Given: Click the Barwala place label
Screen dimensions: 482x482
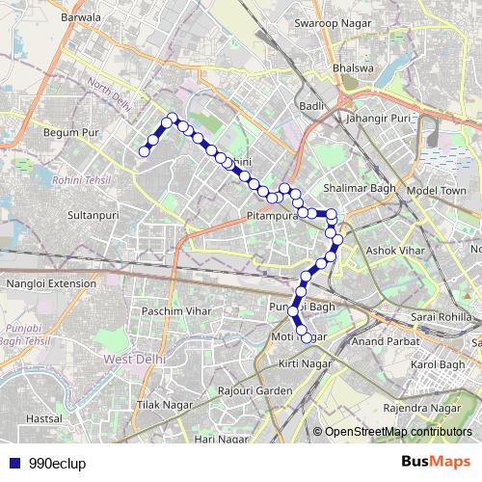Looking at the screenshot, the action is (80, 17).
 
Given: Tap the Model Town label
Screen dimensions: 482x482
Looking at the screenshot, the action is (437, 191).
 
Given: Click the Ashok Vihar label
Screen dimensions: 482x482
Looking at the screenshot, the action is (393, 251).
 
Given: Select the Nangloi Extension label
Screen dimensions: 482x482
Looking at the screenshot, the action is (45, 284).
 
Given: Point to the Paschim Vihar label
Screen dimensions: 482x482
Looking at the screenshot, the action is (175, 312).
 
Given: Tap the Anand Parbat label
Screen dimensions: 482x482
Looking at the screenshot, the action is (384, 340).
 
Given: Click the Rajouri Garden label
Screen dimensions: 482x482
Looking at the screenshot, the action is (254, 390).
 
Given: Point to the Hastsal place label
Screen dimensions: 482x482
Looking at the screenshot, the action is (44, 419).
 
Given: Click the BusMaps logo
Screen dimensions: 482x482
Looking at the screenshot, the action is (436, 462).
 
